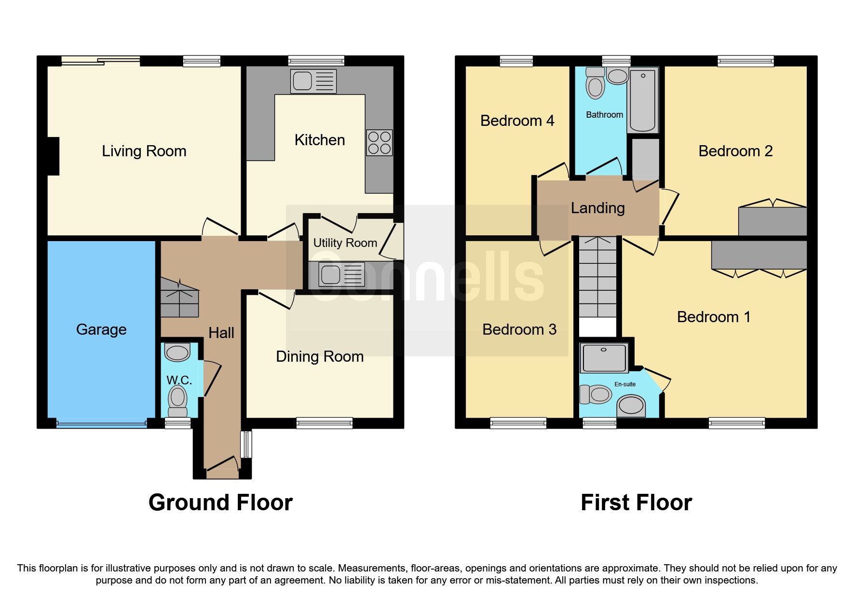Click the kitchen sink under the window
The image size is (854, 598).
pos(313,81)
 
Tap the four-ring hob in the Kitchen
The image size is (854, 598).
pos(379,143)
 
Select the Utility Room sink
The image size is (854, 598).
pos(341,275)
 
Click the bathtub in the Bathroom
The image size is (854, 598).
pos(643,100)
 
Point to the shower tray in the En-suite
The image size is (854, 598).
pos(604,358)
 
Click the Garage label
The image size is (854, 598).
pos(101,329)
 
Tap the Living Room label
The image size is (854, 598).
pos(144,151)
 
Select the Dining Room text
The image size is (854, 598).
pos(320,356)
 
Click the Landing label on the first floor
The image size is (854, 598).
pos(597,208)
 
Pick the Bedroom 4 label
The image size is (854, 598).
pos(517,121)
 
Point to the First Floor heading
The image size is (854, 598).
pos(636,503)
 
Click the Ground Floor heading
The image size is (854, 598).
pos(220,503)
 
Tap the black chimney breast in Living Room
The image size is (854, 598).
pos(53,156)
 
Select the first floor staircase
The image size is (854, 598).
pos(597,277)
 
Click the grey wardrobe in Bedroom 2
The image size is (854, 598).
pos(773,222)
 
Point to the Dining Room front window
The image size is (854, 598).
pos(324,423)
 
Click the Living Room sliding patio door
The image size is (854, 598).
pos(100,61)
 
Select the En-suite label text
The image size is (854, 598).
pos(624,384)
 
